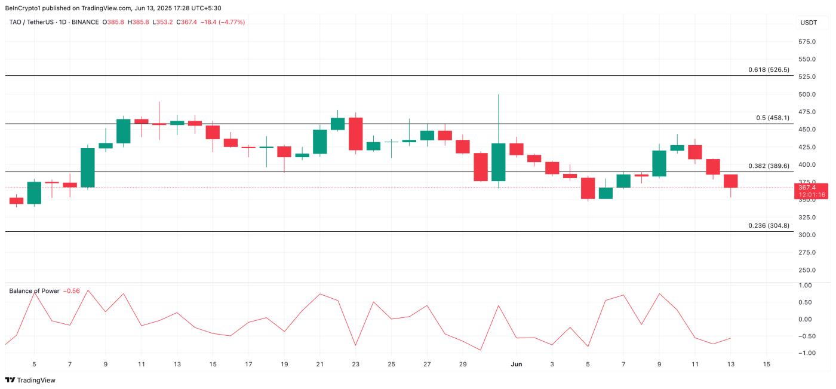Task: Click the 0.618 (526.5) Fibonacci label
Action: click(769, 70)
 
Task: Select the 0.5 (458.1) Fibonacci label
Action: click(772, 118)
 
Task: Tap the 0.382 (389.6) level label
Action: click(769, 166)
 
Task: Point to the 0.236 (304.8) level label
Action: click(769, 225)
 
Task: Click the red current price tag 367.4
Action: click(811, 188)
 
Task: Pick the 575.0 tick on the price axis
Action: click(807, 42)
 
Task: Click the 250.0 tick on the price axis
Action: click(807, 270)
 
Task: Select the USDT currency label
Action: click(808, 23)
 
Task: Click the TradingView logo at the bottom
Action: click(29, 380)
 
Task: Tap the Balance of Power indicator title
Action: click(34, 291)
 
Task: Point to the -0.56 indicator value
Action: click(72, 291)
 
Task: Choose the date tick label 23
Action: click(356, 364)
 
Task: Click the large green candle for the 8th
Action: click(88, 168)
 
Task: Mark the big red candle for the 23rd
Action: click(356, 134)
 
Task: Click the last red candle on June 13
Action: click(731, 181)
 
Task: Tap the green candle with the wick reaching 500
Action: click(498, 162)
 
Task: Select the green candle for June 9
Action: click(659, 163)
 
